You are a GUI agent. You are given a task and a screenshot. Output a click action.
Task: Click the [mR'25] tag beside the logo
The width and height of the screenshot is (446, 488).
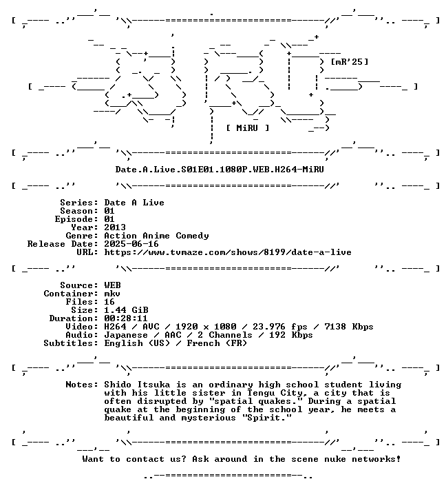tap(350, 61)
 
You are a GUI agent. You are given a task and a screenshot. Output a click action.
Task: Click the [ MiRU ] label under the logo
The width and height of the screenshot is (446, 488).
tap(247, 128)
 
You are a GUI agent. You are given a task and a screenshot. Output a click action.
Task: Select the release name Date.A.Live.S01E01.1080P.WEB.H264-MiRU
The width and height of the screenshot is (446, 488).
tap(220, 170)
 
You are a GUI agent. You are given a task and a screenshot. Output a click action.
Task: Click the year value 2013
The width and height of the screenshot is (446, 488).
tap(115, 227)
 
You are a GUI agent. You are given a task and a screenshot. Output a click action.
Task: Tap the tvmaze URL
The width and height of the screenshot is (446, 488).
tap(228, 252)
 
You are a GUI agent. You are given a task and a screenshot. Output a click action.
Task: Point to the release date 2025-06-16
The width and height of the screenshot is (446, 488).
tap(131, 244)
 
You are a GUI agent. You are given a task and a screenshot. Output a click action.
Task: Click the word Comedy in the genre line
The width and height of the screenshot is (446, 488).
tap(192, 236)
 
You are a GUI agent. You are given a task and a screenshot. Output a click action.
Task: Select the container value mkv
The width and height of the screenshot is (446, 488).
tap(112, 294)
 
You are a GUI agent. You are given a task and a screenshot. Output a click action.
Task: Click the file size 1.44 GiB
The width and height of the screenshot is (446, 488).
tap(126, 310)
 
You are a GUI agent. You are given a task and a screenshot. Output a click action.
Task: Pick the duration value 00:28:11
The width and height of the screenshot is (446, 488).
tap(126, 318)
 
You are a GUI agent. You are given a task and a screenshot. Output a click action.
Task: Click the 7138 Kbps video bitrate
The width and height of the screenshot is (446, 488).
tap(349, 327)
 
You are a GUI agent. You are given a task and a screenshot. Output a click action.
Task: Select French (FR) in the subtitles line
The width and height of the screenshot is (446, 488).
tap(217, 343)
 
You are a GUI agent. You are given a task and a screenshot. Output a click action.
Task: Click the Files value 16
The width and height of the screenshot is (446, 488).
tap(109, 302)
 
